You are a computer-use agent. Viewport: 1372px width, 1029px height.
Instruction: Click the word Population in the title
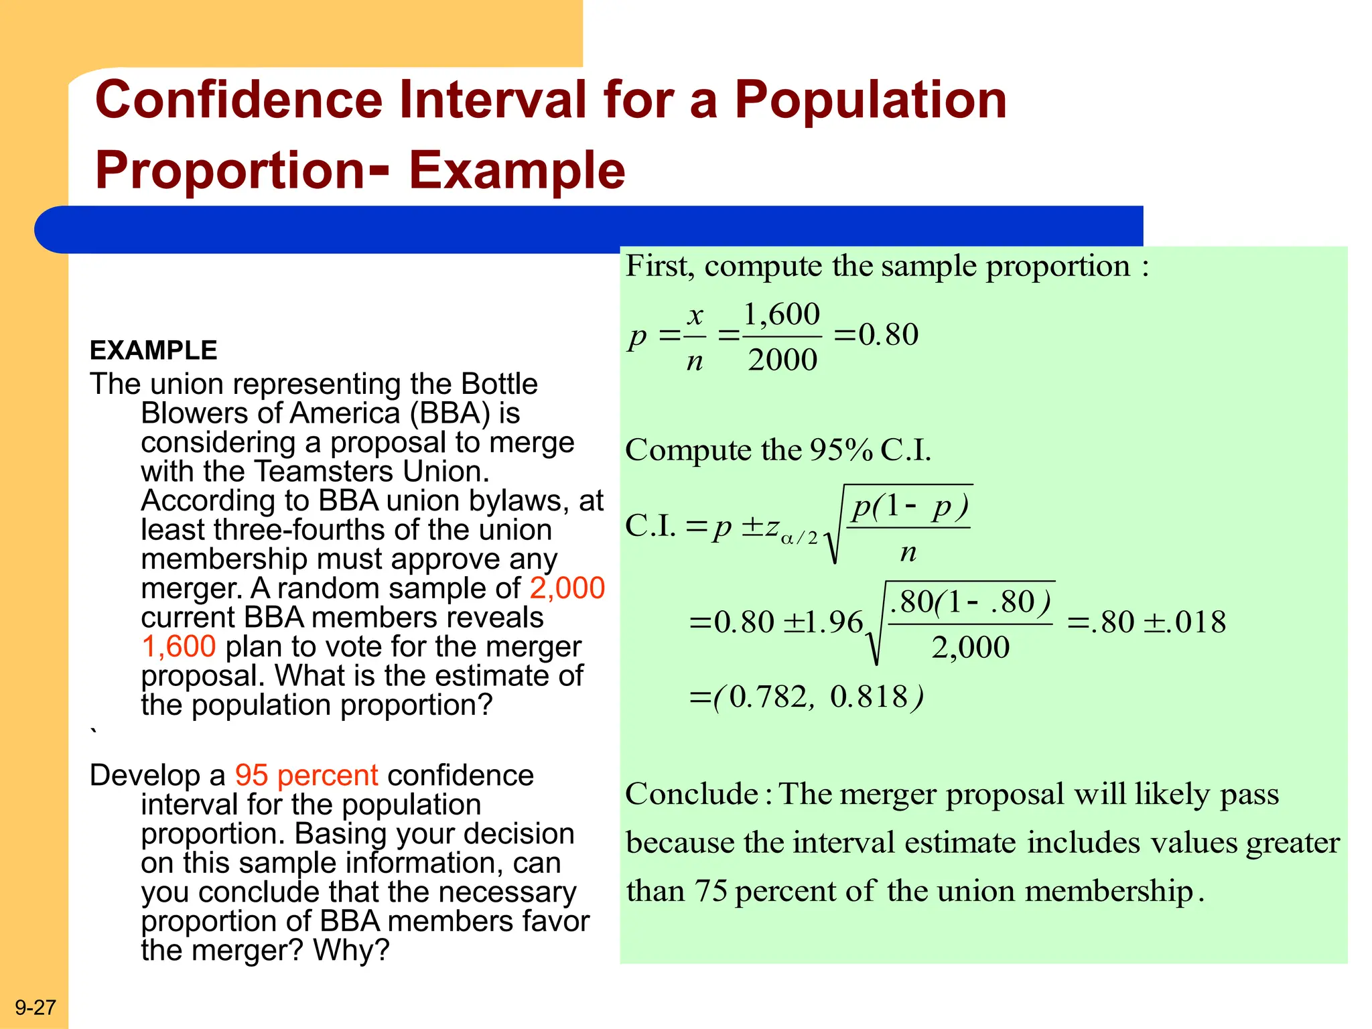[870, 100]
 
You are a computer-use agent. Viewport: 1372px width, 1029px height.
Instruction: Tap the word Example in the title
[517, 170]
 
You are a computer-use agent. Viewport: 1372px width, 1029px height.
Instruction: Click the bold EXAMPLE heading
[153, 350]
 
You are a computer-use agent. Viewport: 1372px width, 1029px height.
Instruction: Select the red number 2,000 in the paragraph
[567, 588]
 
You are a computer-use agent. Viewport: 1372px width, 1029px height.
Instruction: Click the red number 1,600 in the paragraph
[178, 646]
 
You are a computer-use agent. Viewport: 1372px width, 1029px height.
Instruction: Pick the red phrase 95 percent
[306, 775]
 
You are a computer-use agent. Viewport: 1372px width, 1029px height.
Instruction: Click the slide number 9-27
[36, 1008]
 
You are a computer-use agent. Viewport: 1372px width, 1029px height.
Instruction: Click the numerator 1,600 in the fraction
[781, 314]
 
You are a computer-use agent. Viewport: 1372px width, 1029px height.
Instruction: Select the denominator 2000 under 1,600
[782, 360]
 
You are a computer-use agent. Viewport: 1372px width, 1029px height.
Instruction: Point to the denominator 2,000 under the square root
[970, 647]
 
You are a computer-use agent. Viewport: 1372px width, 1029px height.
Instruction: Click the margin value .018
[1196, 622]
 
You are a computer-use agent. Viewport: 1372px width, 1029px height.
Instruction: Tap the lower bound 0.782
[768, 697]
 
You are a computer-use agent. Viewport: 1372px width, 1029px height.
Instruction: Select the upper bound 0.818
[869, 697]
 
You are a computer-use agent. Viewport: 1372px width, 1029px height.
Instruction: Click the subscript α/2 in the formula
[799, 538]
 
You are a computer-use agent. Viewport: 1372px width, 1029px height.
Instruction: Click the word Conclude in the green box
[691, 795]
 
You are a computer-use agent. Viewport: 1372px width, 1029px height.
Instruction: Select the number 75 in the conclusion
[711, 892]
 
